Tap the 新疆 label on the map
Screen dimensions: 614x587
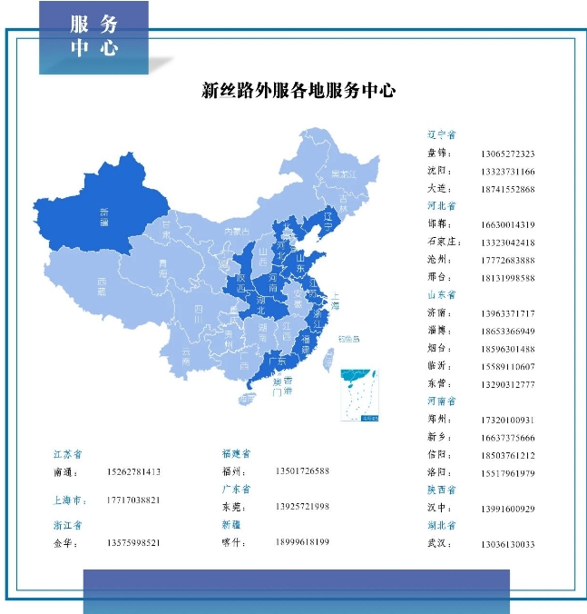(109, 214)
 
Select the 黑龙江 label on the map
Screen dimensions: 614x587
(342, 173)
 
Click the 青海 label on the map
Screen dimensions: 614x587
(163, 264)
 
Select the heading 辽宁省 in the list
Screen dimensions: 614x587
(442, 134)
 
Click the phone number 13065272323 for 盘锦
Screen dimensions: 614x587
(507, 153)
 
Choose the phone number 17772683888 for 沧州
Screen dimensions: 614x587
(507, 260)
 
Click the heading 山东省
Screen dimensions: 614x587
(442, 295)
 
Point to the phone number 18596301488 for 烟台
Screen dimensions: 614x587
(507, 349)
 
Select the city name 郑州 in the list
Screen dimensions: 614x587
(438, 420)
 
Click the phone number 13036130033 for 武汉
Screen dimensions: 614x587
(507, 544)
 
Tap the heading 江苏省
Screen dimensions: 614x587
(68, 453)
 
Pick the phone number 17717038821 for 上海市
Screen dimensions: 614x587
(132, 500)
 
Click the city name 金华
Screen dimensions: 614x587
(65, 543)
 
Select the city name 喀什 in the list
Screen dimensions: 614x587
(233, 542)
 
